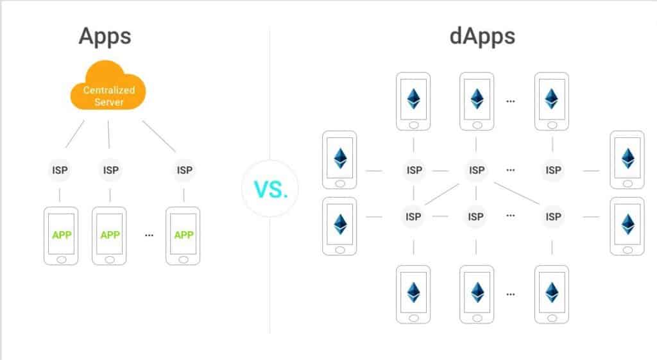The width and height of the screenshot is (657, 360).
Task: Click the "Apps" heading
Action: (x=105, y=37)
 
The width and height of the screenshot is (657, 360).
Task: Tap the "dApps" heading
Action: (x=482, y=37)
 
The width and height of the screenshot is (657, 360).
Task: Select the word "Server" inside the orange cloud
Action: (x=108, y=102)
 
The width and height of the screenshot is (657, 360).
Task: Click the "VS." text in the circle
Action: (x=270, y=189)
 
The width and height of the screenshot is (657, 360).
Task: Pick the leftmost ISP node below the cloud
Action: (x=60, y=171)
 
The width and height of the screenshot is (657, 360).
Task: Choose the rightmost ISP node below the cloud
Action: (x=184, y=171)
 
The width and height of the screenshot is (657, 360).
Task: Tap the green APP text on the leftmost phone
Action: (x=62, y=235)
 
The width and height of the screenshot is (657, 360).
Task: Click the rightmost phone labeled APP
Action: (x=184, y=236)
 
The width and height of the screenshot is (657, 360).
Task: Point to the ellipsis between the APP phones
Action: (x=149, y=236)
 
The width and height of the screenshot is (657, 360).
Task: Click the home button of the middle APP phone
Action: (x=110, y=259)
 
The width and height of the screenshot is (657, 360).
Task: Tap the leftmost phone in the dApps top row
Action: (x=413, y=101)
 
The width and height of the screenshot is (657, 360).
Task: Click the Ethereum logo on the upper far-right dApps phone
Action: (x=626, y=159)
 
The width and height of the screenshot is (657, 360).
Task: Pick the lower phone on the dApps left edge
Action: (x=339, y=226)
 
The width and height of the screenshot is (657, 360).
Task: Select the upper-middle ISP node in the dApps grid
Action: (x=476, y=170)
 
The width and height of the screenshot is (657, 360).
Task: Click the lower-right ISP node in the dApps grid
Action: (x=553, y=217)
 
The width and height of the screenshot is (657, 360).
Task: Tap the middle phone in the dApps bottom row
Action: (x=477, y=294)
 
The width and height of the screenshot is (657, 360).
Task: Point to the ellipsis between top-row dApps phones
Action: (x=511, y=101)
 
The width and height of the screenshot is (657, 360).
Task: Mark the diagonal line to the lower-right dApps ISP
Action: (x=516, y=194)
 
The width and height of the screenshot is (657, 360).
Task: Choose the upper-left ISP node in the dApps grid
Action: (x=414, y=170)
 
